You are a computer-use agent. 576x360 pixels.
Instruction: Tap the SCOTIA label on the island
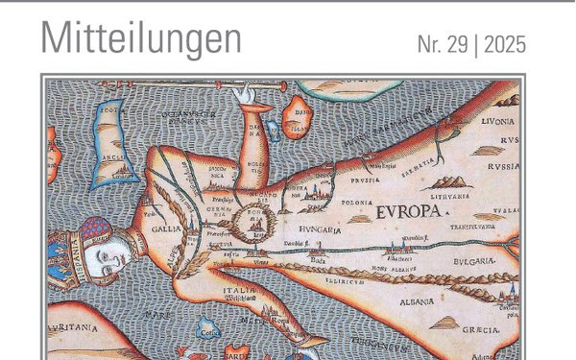coord(111,109)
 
